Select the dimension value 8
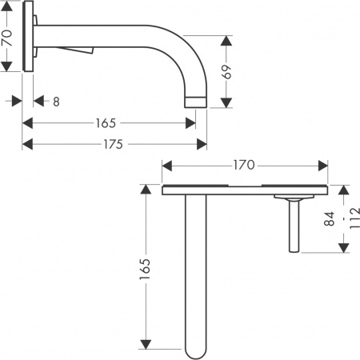[x=55, y=102]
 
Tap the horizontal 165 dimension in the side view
[x=105, y=123]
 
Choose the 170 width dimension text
[x=243, y=166]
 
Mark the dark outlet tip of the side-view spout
[x=196, y=102]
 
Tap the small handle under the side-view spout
[x=86, y=52]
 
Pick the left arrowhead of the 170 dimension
[x=166, y=166]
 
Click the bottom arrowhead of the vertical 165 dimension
[x=146, y=346]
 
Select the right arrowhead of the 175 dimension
[x=203, y=144]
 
